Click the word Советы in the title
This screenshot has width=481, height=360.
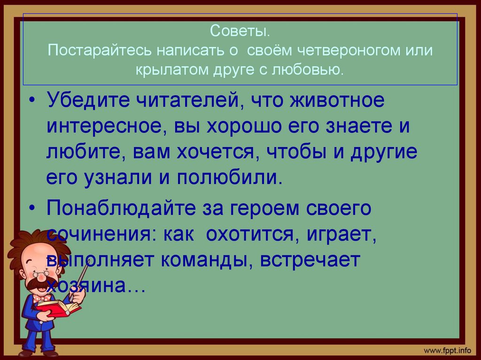(240, 32)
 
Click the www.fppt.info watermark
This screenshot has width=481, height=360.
(447, 350)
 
